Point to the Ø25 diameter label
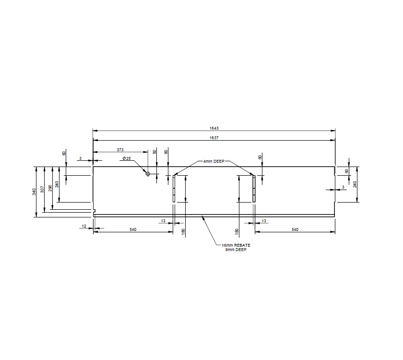click(x=127, y=158)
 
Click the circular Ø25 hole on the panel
click(x=148, y=174)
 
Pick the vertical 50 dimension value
click(x=154, y=152)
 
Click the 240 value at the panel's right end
click(x=355, y=184)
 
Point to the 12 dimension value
click(x=84, y=226)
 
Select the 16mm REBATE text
click(x=232, y=245)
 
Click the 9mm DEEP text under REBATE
click(x=232, y=250)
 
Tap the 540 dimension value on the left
click(x=133, y=230)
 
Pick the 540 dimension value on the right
click(x=295, y=230)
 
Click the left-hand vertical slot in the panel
click(x=174, y=189)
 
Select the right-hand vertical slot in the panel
click(x=254, y=189)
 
